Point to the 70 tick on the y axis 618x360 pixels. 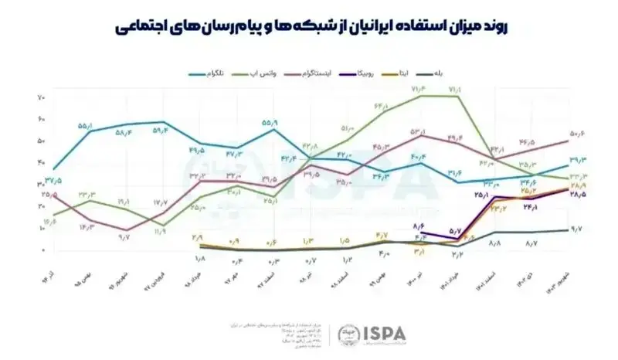tap(41, 97)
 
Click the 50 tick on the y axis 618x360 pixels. tap(41, 141)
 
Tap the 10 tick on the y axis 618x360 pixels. tap(41, 229)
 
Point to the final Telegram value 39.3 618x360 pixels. tap(578, 161)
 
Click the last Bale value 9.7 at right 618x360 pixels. tap(576, 229)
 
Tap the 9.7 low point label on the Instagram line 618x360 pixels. tap(124, 237)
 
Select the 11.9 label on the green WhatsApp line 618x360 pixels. tap(161, 232)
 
